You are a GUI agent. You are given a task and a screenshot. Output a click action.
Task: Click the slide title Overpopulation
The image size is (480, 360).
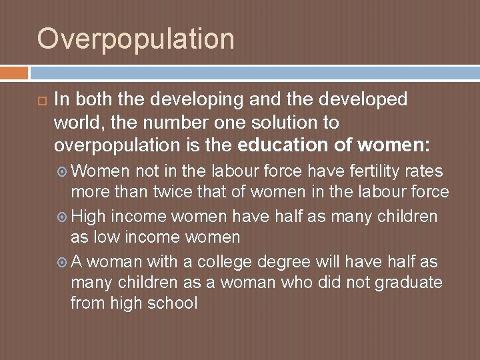click(136, 39)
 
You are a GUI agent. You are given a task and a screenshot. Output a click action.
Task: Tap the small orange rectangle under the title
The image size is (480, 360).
click(14, 72)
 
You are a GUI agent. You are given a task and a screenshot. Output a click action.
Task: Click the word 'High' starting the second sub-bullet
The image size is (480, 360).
click(88, 217)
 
